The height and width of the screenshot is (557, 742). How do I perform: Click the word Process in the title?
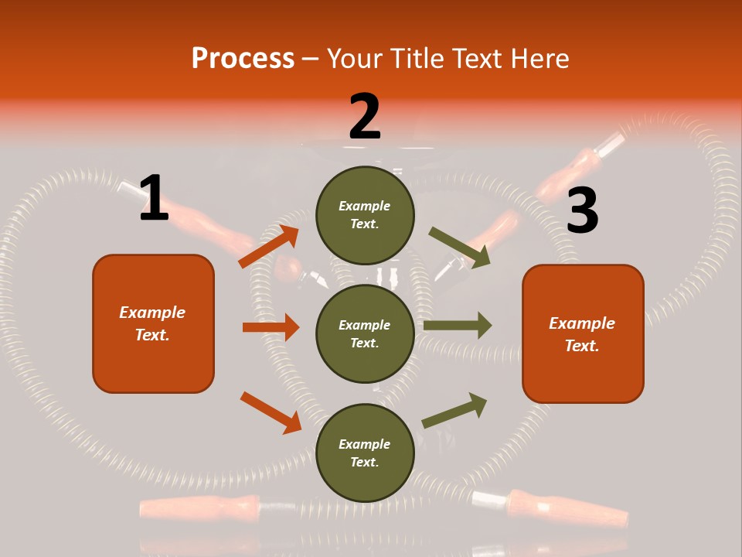(x=243, y=58)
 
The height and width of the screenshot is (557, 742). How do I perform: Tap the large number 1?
(x=154, y=198)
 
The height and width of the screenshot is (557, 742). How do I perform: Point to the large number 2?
(x=365, y=117)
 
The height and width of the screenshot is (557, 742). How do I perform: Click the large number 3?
(x=582, y=211)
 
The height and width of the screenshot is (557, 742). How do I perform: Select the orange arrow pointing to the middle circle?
(x=271, y=327)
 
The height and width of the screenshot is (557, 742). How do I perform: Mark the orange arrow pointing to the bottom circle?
(x=271, y=412)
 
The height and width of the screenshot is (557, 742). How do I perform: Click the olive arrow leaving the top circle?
(x=459, y=248)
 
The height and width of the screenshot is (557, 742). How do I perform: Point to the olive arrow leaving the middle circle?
(x=458, y=325)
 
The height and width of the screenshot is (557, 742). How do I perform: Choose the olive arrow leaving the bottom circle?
(x=454, y=410)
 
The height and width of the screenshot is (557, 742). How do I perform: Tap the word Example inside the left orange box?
(x=152, y=313)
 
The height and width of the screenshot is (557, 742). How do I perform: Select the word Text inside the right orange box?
(x=581, y=346)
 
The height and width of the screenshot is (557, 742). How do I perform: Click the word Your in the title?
(x=354, y=58)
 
